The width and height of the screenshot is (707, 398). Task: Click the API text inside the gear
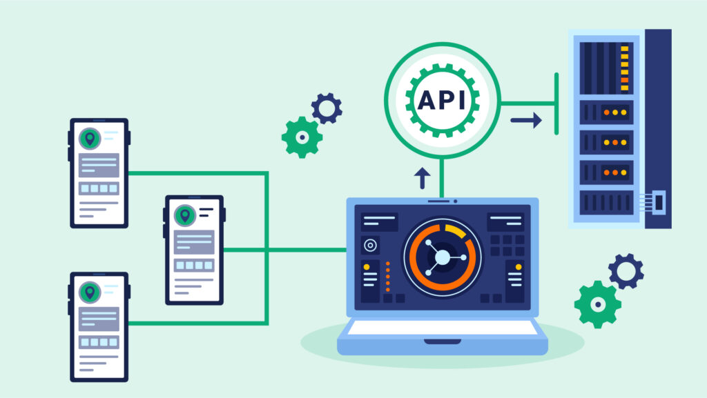click(441, 101)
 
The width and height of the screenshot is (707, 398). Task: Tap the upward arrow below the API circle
click(421, 177)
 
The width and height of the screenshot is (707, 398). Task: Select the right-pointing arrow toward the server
click(526, 121)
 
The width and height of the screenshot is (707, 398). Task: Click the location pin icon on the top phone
click(89, 139)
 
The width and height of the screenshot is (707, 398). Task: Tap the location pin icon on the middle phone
click(184, 215)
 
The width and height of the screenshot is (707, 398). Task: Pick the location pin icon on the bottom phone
click(89, 292)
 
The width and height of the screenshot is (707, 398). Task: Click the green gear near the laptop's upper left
click(302, 137)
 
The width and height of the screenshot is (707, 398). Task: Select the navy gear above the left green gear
click(327, 108)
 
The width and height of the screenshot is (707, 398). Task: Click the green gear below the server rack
click(597, 304)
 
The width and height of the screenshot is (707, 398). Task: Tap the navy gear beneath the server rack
click(626, 271)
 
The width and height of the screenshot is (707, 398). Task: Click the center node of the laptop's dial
click(441, 257)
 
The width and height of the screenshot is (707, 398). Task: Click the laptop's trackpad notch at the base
click(442, 341)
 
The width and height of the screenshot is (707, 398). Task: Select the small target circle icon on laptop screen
click(370, 245)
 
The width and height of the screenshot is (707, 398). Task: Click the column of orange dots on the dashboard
click(387, 275)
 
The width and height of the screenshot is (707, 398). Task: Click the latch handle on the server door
click(657, 203)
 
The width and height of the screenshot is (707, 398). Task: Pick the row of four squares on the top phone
click(98, 188)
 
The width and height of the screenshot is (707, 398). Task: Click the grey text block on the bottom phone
click(98, 318)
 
